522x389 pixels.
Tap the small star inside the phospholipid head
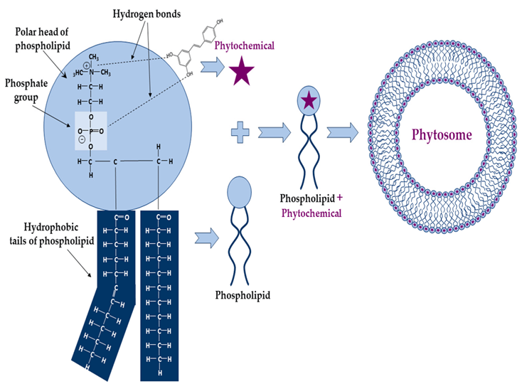click(x=307, y=102)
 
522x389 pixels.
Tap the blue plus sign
click(x=240, y=132)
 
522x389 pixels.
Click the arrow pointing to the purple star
click(x=211, y=68)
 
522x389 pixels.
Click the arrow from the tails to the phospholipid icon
click(x=206, y=237)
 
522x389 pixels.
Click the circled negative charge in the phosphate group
click(x=82, y=140)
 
